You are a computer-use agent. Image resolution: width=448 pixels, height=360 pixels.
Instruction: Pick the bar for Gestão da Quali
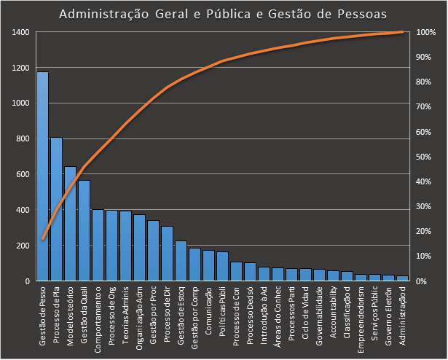click(x=84, y=230)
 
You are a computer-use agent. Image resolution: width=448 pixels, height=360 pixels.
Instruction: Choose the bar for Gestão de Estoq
click(x=181, y=261)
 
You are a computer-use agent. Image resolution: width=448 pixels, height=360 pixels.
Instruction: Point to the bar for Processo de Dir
click(x=167, y=254)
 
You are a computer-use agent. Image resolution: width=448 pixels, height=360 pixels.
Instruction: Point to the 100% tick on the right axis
click(x=426, y=33)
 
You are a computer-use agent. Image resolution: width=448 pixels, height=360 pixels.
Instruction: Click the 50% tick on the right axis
click(x=425, y=157)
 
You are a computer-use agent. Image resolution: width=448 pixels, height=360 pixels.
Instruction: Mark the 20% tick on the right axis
click(x=425, y=231)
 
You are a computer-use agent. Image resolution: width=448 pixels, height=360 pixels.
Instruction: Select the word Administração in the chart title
click(x=95, y=14)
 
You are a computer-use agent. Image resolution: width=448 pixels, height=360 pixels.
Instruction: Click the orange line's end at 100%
click(x=403, y=32)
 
